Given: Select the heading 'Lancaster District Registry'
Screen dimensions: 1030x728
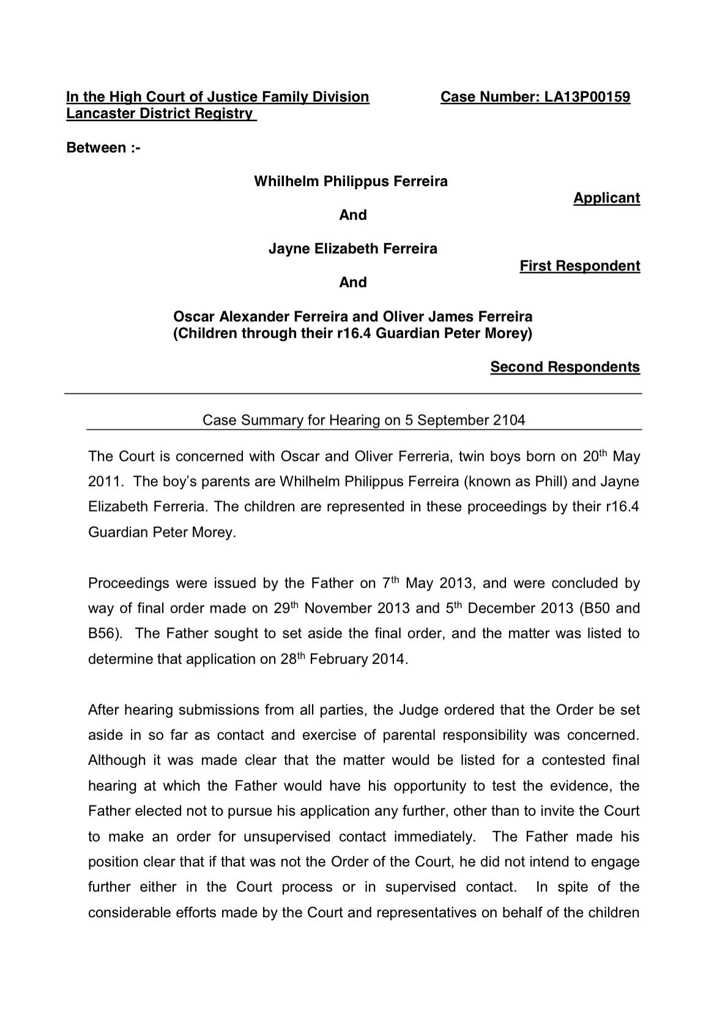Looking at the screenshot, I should point(160,114).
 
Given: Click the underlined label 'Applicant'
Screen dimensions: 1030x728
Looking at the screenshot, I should point(606,198).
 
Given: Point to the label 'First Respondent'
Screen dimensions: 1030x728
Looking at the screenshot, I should point(579,266).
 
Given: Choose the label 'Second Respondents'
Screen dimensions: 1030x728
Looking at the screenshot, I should point(565,367).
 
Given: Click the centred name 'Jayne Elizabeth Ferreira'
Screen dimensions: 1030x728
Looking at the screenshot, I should point(353,249).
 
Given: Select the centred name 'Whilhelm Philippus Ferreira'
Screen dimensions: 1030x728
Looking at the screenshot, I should point(351,182).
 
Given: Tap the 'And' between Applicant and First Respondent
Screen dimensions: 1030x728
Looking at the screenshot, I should point(353,215).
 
